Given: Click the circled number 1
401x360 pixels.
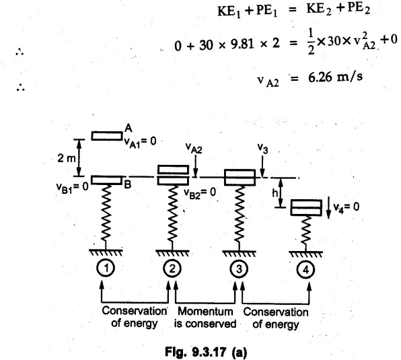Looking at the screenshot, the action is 106,268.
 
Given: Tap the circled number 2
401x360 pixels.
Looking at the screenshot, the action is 172,268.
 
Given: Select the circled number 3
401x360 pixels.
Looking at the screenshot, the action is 239,269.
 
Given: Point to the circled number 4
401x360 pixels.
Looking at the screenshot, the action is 306,270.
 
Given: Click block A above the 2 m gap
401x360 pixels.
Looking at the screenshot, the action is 107,136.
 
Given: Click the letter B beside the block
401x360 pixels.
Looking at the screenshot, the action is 128,184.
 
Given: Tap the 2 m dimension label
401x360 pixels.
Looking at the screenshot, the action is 67,159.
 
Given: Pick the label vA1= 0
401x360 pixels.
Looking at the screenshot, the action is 140,142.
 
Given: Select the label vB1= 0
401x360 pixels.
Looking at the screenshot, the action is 73,187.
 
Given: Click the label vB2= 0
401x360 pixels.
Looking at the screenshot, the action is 200,192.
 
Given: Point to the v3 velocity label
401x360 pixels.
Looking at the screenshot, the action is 262,148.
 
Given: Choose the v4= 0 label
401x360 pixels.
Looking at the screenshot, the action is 347,207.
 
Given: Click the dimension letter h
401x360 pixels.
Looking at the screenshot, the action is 275,193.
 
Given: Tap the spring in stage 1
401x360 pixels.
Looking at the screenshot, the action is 106,213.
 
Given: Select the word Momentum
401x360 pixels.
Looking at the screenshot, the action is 205,312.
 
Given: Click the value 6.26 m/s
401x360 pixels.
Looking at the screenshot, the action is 335,77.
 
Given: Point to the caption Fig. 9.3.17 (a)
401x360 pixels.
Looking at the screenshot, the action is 206,352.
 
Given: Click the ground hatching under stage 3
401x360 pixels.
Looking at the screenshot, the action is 239,253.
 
